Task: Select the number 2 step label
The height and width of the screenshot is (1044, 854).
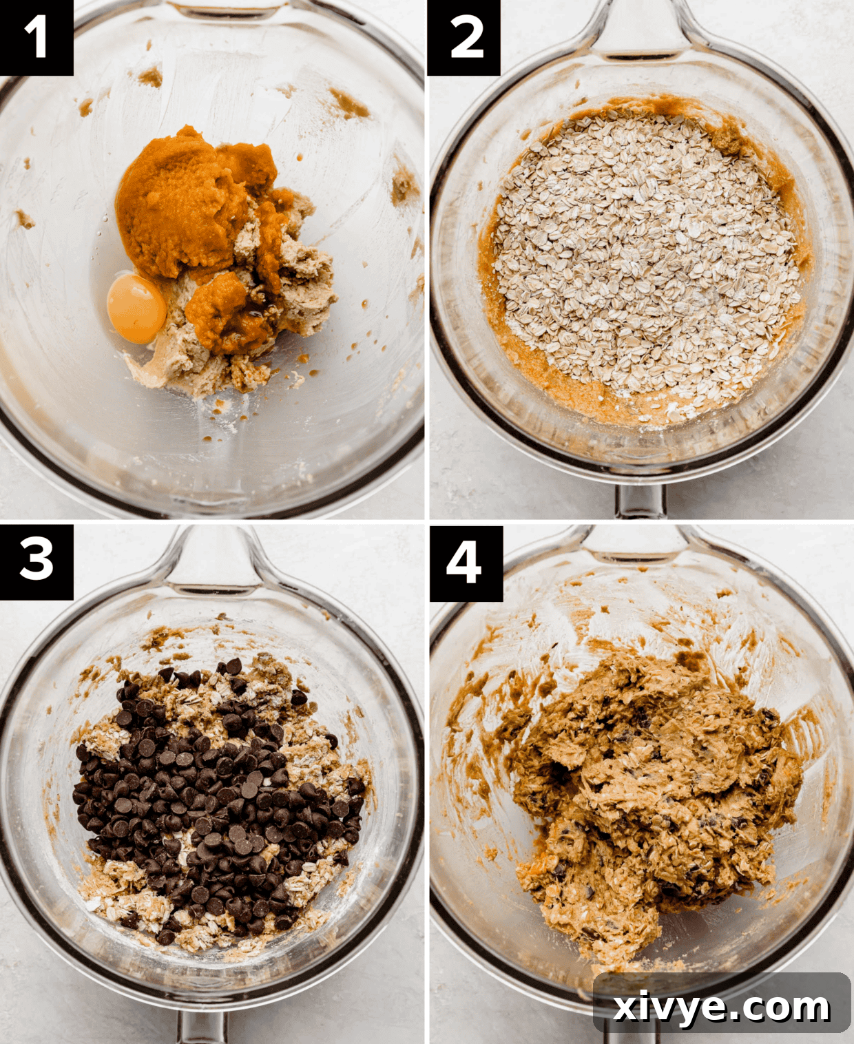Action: click(x=464, y=37)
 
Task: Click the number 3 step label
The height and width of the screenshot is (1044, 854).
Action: click(x=36, y=560)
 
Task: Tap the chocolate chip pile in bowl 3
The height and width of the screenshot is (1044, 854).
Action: click(x=213, y=792)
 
